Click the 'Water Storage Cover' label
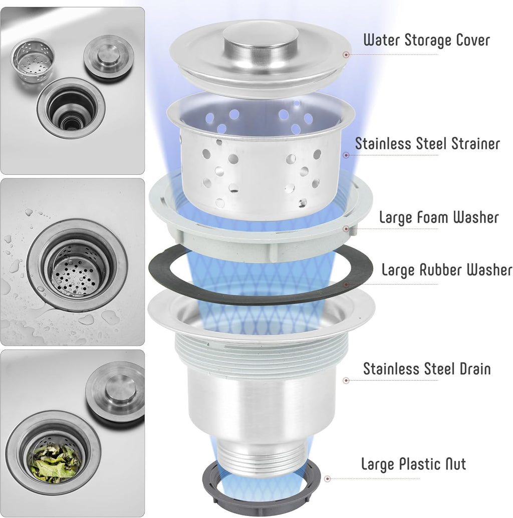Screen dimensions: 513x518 [426, 40]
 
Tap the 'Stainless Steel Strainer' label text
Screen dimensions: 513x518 [427, 143]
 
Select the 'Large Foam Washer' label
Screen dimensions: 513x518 [439, 217]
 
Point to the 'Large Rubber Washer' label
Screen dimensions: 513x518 [446, 270]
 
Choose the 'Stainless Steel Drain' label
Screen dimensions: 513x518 [427, 369]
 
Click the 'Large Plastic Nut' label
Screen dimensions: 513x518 [413, 464]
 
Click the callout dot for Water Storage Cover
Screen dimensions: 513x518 [346, 55]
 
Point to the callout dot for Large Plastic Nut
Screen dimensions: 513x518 [327, 478]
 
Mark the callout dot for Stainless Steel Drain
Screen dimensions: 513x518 [346, 381]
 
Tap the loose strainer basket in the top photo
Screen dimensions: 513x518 [32, 61]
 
